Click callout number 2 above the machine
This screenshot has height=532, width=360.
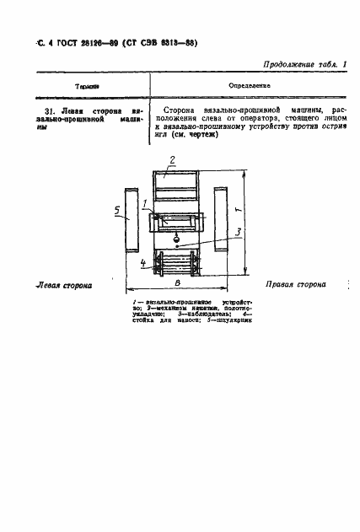coord(171,160)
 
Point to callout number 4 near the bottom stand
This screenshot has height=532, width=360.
coord(144,263)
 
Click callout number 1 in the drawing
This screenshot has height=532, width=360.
coord(145,202)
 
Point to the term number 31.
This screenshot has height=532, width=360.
coord(48,110)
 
